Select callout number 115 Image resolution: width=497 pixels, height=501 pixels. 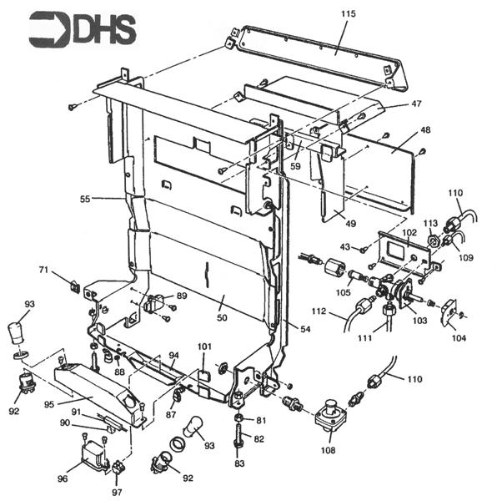[x=348, y=15]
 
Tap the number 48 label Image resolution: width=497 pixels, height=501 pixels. [x=424, y=130]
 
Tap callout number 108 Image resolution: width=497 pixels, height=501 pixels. [x=329, y=450]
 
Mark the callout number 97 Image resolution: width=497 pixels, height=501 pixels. [x=117, y=493]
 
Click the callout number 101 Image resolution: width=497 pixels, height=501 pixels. [x=204, y=346]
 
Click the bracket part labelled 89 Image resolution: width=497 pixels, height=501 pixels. [x=158, y=302]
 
